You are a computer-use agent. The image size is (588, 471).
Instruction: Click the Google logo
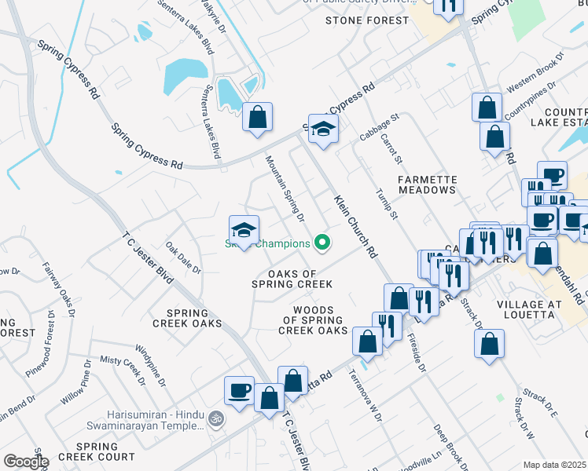click(26, 462)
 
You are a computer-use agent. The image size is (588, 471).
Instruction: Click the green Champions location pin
click(321, 243)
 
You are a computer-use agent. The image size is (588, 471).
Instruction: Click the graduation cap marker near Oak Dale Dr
click(244, 231)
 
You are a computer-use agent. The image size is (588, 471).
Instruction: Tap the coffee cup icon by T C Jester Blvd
click(239, 390)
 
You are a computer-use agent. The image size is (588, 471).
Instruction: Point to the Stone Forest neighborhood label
click(367, 20)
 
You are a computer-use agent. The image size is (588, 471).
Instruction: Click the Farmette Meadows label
click(427, 185)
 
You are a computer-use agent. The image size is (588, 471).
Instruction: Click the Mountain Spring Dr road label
click(285, 188)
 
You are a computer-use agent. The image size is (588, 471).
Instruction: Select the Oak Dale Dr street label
click(183, 257)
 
